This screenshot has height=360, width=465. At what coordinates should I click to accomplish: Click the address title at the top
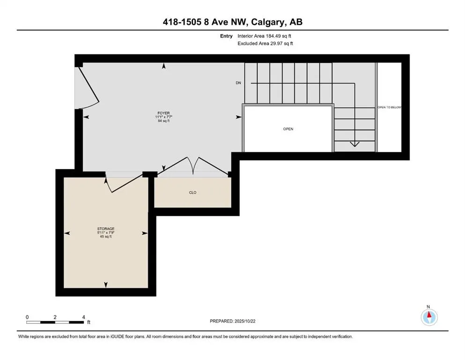[x=232, y=22]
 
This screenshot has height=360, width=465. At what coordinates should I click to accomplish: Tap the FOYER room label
[x=163, y=113]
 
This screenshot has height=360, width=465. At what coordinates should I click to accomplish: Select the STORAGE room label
[x=106, y=229]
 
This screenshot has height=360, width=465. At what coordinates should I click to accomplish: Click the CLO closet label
[x=192, y=192]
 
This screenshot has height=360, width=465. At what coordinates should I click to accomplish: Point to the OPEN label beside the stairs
[x=288, y=129]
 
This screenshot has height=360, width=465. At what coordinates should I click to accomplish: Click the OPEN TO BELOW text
[x=390, y=107]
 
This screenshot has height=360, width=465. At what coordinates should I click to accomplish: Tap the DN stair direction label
[x=238, y=83]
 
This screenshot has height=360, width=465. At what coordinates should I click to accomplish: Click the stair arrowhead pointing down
[x=355, y=145]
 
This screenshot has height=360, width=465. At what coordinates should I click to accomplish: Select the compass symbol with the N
[x=428, y=317]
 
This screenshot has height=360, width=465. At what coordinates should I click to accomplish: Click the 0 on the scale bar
[x=27, y=317]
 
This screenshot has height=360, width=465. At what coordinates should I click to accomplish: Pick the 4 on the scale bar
[x=83, y=317]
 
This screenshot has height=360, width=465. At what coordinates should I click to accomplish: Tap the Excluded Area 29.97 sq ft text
[x=266, y=44]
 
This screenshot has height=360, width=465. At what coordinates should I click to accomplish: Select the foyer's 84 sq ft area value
[x=163, y=121]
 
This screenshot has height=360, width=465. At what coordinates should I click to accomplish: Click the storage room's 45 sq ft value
[x=106, y=237]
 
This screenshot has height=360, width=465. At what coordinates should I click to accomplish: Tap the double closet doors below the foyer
[x=193, y=166]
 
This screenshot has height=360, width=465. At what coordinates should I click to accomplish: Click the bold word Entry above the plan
[x=227, y=36]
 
